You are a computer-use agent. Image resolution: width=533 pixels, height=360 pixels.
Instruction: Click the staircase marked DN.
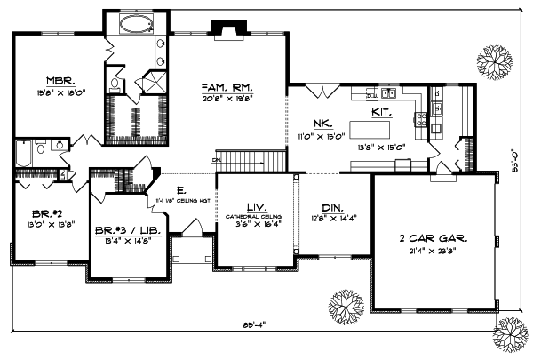253,161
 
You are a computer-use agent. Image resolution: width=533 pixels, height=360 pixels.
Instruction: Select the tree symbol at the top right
496,61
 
